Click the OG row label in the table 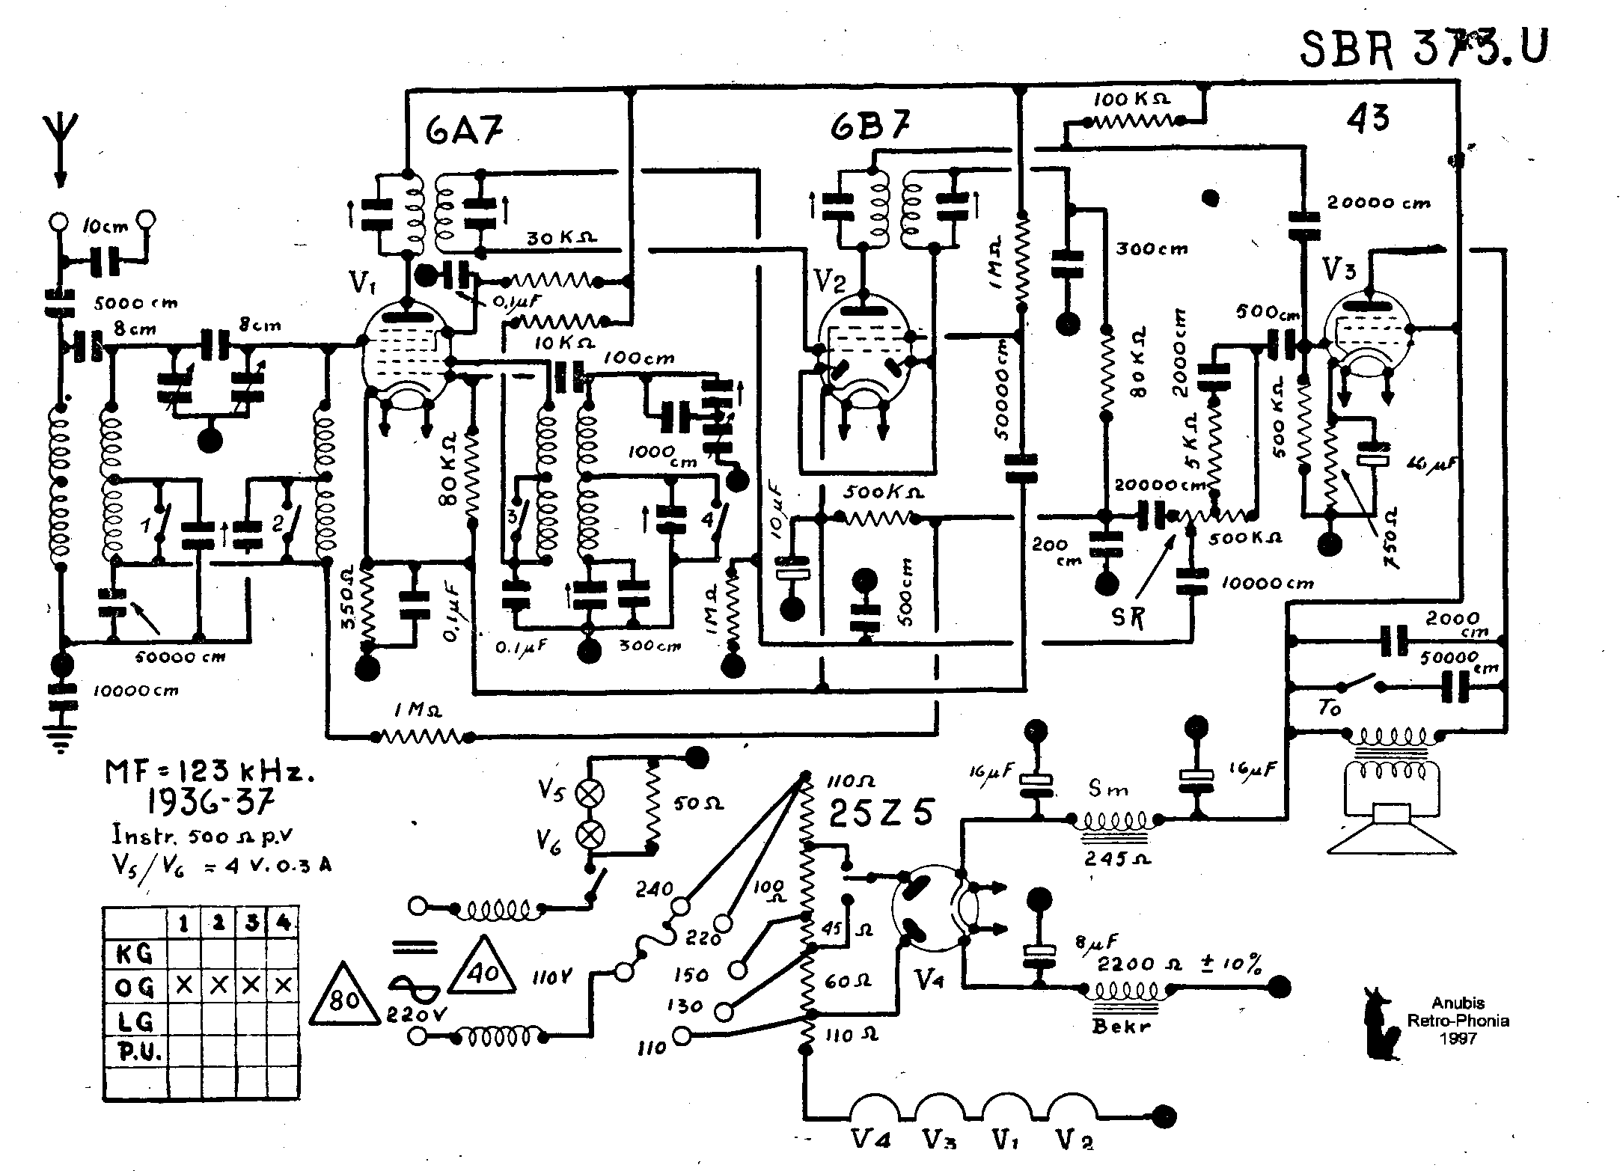point(135,988)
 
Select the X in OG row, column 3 point(251,986)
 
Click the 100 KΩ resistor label point(1132,99)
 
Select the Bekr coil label point(1120,1026)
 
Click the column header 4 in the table point(282,923)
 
